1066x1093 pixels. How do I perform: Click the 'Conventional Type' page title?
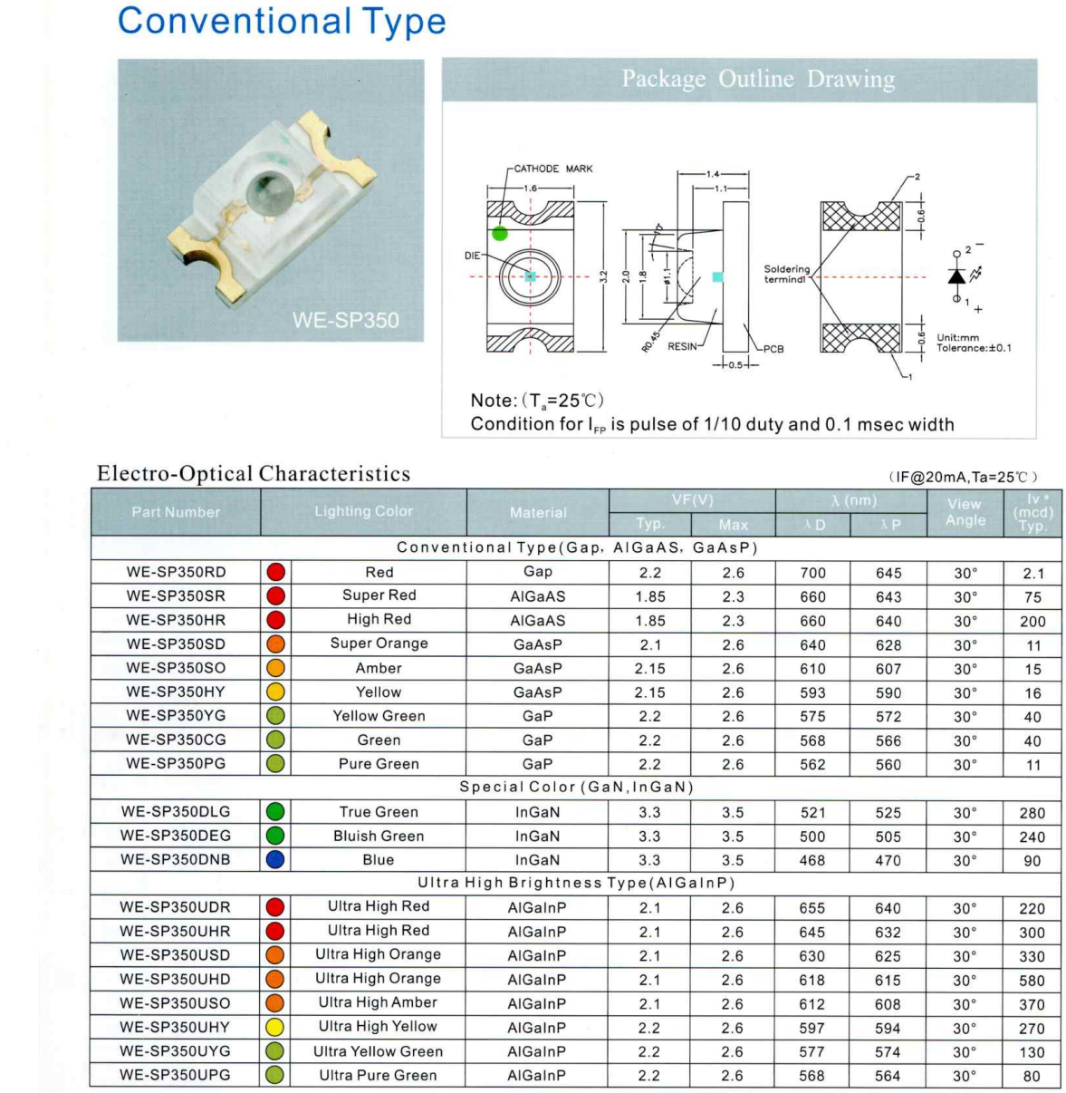[x=282, y=22]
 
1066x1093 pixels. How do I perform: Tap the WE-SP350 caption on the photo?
[x=345, y=320]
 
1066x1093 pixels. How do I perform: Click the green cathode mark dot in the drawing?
[x=500, y=234]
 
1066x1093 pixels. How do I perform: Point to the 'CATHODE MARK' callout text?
[x=552, y=169]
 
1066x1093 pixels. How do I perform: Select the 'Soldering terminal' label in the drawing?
[x=786, y=275]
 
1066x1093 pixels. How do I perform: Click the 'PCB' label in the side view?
[x=773, y=349]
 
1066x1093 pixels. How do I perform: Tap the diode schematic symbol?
[x=957, y=276]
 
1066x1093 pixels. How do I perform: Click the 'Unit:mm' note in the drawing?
[x=958, y=337]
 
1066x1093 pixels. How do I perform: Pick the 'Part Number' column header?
[x=176, y=512]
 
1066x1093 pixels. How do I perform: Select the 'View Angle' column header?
[x=965, y=512]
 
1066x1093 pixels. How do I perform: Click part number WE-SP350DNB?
[x=176, y=860]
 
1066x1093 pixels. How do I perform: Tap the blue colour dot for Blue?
[x=275, y=860]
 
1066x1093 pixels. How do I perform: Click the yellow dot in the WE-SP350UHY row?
[x=275, y=1028]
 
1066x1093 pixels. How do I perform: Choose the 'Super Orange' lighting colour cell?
[x=379, y=643]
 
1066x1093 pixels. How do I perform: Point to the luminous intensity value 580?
[x=1032, y=981]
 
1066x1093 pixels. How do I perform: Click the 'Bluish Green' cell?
[x=379, y=836]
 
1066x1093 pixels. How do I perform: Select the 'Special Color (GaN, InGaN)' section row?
[x=576, y=787]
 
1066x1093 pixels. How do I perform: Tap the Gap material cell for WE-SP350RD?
[x=537, y=572]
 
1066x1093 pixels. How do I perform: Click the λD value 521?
[x=812, y=813]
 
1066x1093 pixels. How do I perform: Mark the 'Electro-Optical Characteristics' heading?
[x=254, y=474]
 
